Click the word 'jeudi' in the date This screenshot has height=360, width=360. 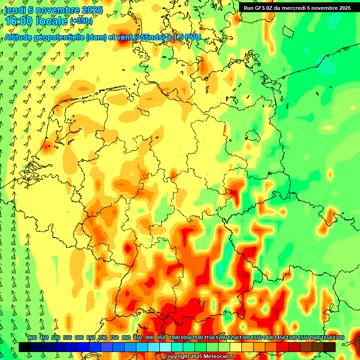[x=15, y=9]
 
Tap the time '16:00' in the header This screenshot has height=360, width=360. [x=18, y=21]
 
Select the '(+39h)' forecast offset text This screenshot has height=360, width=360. [x=81, y=22]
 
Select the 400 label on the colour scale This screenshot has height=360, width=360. [x=32, y=338]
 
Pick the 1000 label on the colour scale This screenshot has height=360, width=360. [x=174, y=338]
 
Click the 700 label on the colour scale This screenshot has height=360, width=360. [x=103, y=338]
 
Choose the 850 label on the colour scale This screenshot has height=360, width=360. [x=138, y=338]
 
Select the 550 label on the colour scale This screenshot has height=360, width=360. [x=67, y=338]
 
